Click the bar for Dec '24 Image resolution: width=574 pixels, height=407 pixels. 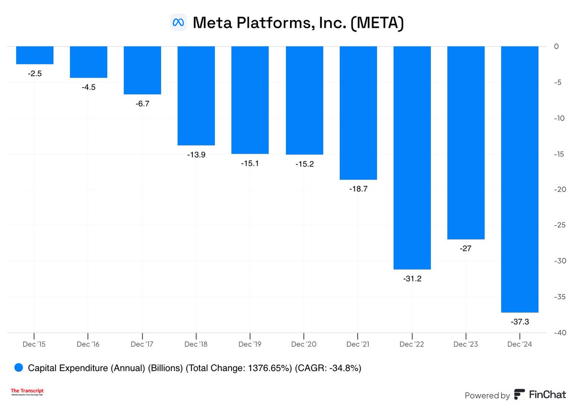[519, 179]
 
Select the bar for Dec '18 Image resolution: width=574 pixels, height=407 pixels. [196, 96]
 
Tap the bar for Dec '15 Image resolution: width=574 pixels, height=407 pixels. [34, 55]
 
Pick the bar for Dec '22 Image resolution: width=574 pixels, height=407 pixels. [412, 158]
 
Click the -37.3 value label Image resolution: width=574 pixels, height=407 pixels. [519, 322]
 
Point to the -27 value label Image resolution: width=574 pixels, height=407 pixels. [466, 249]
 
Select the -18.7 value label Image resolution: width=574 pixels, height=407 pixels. [358, 189]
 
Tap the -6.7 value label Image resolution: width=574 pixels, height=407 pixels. [142, 103]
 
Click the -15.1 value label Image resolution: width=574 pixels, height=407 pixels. [250, 163]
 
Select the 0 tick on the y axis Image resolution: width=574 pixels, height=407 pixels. [556, 46]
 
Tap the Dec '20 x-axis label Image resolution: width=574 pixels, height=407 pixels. [304, 344]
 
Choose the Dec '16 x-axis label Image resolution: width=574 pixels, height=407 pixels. [88, 344]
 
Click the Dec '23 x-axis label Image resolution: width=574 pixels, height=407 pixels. [466, 344]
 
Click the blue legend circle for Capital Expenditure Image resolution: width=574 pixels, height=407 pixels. [19, 368]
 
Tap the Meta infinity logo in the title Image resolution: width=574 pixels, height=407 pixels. [178, 23]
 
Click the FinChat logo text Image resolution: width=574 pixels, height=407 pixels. [547, 395]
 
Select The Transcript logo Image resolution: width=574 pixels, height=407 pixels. [31, 392]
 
